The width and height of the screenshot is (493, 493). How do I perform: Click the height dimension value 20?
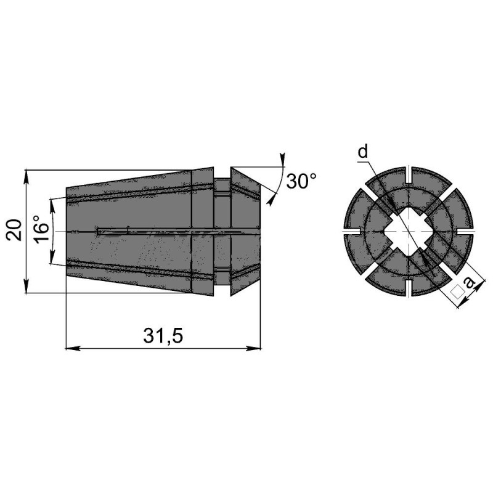[x=17, y=230]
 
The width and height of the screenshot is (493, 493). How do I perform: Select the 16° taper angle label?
[x=40, y=231]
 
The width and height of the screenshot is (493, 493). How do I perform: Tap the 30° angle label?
[x=302, y=181]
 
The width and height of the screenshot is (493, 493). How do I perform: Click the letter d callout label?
[x=363, y=152]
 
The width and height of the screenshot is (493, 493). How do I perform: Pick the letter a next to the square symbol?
[x=470, y=283]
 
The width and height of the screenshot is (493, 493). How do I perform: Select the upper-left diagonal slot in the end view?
[x=372, y=196]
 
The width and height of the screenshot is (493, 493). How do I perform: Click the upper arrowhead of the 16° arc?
[x=51, y=202]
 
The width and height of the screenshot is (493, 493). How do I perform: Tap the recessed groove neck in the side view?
[x=222, y=230]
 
